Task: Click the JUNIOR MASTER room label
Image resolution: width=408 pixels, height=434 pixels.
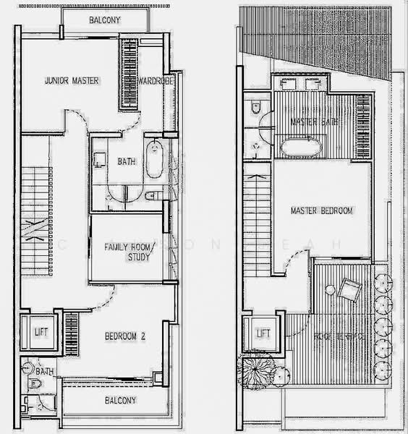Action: [71, 80]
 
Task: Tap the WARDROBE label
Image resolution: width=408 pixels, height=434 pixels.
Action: [153, 80]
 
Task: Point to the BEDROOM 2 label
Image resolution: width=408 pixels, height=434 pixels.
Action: [126, 336]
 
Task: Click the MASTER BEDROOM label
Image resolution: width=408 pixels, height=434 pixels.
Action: [321, 211]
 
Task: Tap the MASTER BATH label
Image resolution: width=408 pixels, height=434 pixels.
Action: [315, 122]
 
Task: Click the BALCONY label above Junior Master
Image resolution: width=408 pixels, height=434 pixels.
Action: [105, 21]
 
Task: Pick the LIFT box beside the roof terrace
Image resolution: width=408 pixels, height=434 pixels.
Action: [263, 333]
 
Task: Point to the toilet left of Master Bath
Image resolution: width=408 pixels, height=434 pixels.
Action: [255, 109]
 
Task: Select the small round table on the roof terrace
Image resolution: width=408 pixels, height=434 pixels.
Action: [330, 291]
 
